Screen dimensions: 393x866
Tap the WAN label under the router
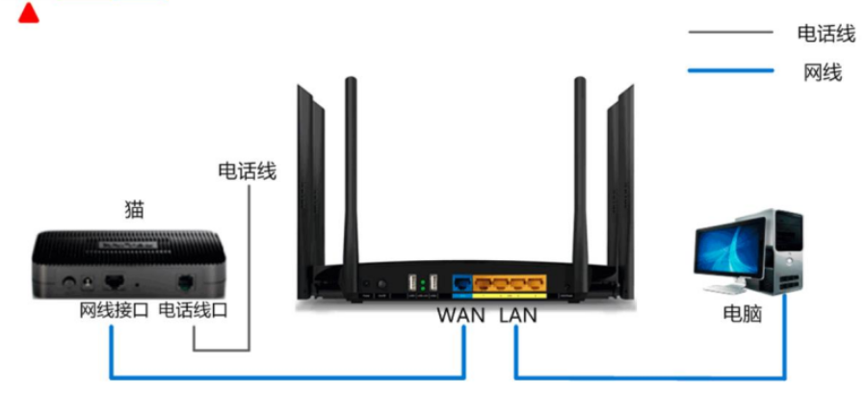460,315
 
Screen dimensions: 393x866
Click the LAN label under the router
518,315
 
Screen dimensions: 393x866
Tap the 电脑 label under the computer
742,313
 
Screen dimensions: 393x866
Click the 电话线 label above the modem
248,172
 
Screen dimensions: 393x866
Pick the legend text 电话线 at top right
826,34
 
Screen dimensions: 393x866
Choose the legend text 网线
822,71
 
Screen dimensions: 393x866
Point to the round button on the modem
70,283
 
